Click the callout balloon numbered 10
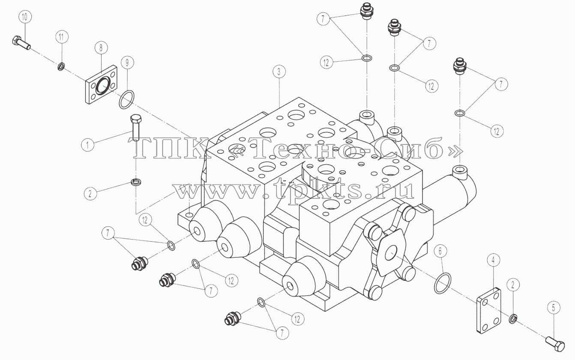(x=25, y=17)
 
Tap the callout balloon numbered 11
(x=61, y=37)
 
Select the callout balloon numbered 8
(x=101, y=48)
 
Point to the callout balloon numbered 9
(x=127, y=63)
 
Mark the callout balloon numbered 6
(x=440, y=251)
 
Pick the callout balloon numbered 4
(x=493, y=260)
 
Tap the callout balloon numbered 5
(x=554, y=308)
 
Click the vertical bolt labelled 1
(x=135, y=128)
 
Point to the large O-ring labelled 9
(x=126, y=99)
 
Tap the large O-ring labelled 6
(x=443, y=283)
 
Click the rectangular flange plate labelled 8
(x=102, y=85)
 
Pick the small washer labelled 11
(x=61, y=67)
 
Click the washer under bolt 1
(x=135, y=183)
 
